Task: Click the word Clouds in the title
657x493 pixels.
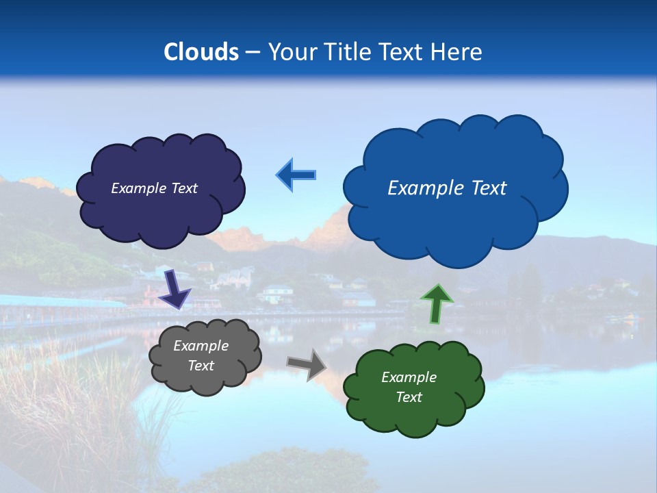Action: (201, 52)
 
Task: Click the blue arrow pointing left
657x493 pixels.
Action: (296, 175)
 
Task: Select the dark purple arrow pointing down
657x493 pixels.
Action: (175, 289)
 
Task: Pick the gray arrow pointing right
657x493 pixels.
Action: (307, 364)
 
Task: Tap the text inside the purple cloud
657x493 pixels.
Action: (154, 188)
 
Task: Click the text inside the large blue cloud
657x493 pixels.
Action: (447, 188)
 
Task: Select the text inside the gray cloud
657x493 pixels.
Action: (201, 356)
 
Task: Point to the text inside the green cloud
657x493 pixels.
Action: (409, 387)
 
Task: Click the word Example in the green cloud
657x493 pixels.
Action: (409, 377)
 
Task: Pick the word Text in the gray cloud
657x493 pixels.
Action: (201, 366)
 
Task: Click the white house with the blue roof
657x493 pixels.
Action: (278, 292)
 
